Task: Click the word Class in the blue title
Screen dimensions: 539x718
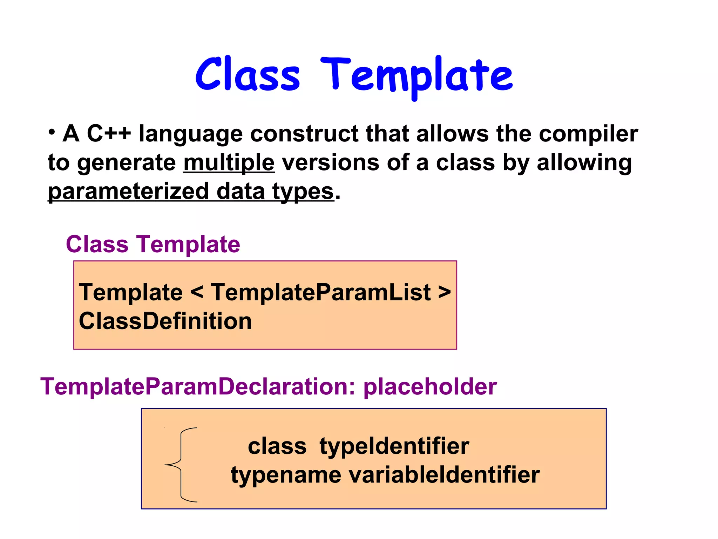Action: pos(248,74)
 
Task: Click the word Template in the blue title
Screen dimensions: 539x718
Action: pos(416,75)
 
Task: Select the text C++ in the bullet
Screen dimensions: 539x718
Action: pos(109,134)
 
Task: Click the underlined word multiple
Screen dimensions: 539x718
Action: pos(229,163)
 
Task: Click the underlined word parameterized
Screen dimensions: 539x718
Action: pos(128,192)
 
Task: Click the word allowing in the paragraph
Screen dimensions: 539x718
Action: pos(584,163)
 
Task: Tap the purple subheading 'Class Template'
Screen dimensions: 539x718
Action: pos(153,244)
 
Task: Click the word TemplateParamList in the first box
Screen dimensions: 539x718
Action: pos(320,292)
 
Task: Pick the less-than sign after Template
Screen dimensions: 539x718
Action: pos(197,292)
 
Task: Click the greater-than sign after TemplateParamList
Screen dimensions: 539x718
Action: pos(444,292)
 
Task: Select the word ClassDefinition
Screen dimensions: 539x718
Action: pos(165,321)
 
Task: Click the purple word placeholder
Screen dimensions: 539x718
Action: pos(430,387)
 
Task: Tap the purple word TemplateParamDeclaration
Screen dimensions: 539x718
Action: pos(197,387)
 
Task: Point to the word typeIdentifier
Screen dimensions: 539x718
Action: pos(394,446)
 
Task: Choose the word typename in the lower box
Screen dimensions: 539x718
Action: pos(286,475)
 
